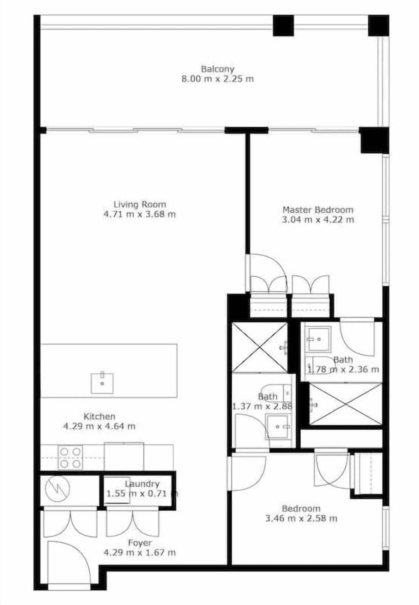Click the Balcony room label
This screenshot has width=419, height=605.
[x=217, y=69]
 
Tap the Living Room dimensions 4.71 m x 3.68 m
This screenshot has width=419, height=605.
[x=140, y=214]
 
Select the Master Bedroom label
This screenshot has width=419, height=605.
[x=318, y=210]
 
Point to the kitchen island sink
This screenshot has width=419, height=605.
[x=102, y=383]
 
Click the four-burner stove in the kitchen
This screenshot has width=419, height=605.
[x=70, y=457]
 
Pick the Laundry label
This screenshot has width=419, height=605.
[x=142, y=484]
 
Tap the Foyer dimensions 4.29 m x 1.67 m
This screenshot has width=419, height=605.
[x=140, y=553]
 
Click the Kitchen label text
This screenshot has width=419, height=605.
[x=100, y=417]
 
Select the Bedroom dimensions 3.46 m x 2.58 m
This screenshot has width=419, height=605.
[x=301, y=519]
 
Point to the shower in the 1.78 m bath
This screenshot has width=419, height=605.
[x=345, y=403]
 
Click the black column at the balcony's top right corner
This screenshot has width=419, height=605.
[x=378, y=26]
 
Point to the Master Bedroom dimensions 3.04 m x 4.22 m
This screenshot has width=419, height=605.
[x=318, y=220]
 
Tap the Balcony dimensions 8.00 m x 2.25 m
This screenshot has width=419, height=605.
[x=217, y=79]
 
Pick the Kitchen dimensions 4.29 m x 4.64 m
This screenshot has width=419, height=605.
[x=100, y=427]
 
